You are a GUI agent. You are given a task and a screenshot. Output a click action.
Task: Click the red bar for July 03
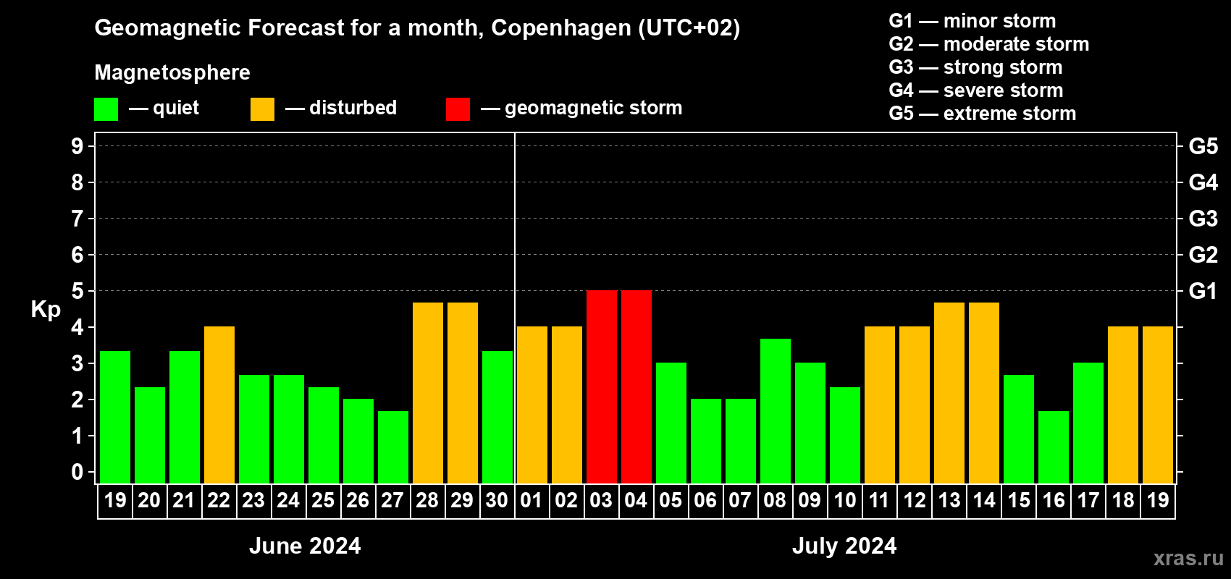(602, 386)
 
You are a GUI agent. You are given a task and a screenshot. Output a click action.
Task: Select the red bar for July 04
(636, 386)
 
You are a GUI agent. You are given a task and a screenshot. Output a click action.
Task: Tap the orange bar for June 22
(219, 405)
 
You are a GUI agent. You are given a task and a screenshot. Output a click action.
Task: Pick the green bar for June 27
(393, 447)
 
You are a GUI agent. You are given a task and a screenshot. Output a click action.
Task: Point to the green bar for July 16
(1054, 447)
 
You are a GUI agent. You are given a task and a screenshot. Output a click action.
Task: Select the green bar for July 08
(776, 410)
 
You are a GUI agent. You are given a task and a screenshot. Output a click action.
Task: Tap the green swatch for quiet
(106, 109)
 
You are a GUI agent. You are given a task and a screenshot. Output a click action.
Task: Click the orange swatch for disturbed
(262, 109)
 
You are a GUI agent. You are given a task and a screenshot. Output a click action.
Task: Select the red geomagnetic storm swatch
(458, 109)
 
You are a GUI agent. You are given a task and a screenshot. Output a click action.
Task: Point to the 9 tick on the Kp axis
(77, 146)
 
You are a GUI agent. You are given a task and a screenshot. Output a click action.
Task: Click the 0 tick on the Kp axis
(77, 472)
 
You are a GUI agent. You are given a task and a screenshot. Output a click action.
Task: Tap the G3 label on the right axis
(1203, 219)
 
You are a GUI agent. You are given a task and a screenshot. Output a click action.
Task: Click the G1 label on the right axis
(1203, 291)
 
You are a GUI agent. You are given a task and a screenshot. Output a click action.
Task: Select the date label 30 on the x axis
(497, 500)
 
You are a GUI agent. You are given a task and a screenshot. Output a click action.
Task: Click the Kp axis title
(46, 310)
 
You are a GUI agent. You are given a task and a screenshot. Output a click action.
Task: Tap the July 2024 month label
(844, 546)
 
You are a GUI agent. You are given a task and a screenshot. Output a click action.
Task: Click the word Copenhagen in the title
(561, 28)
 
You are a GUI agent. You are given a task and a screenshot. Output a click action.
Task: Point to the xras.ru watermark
(1188, 558)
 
